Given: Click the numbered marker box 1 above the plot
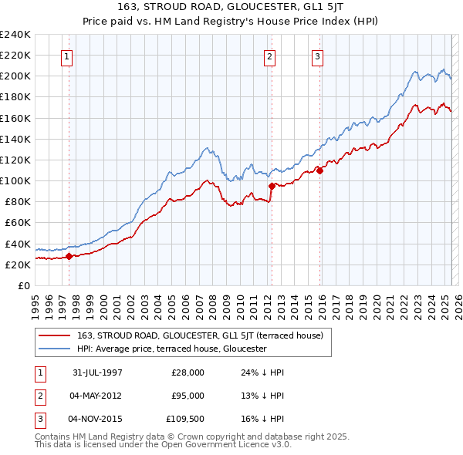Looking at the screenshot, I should click(x=68, y=56).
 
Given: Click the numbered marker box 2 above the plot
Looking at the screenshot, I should click(x=270, y=56).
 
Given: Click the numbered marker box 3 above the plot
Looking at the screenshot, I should click(x=317, y=56).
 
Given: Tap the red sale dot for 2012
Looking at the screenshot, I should click(x=272, y=186).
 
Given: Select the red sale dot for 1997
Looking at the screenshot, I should click(x=69, y=256).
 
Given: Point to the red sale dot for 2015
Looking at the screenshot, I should click(x=319, y=170).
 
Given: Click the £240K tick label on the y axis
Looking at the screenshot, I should click(x=15, y=35).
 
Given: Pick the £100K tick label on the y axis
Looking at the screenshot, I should click(x=15, y=180).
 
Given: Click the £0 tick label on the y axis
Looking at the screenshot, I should click(x=24, y=285).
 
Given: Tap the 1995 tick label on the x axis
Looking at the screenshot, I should click(x=35, y=302).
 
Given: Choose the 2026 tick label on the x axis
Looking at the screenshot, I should click(x=456, y=302).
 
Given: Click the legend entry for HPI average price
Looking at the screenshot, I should click(x=171, y=349).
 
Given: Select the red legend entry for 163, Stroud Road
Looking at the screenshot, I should click(x=204, y=335).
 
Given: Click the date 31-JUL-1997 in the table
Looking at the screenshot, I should click(x=97, y=372).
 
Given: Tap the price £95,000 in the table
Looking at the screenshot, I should click(x=187, y=396).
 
